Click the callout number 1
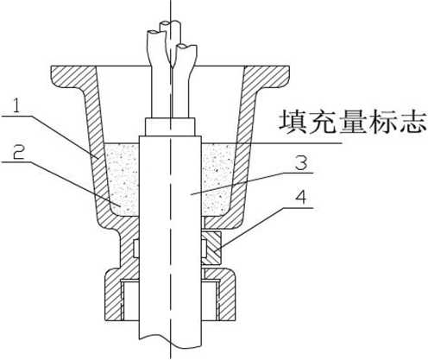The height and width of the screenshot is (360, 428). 17,105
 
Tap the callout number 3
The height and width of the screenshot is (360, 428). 301,162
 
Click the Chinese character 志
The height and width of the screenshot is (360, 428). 412,123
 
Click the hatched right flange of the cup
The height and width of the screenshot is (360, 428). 270,75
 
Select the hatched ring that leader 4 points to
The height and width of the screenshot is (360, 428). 211,248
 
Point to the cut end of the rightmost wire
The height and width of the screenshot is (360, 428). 186,47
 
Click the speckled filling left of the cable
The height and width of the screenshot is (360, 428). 123,179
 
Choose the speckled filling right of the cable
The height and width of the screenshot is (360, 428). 217,179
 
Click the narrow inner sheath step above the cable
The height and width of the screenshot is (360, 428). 171,126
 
